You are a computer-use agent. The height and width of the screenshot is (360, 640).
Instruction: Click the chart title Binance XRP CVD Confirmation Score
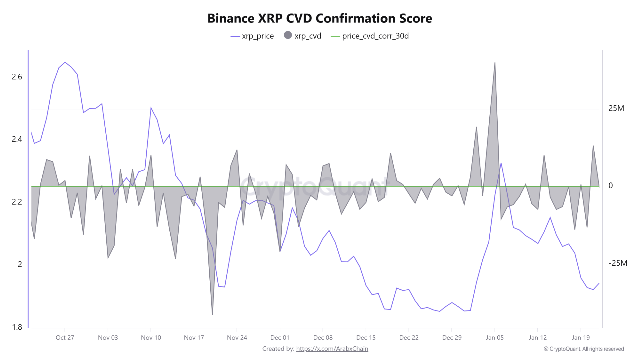[x=320, y=19]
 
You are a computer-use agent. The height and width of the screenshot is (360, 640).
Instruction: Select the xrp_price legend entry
[x=252, y=36]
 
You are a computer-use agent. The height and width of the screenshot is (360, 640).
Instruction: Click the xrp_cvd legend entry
[x=303, y=36]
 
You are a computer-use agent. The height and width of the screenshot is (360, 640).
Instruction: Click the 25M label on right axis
[x=617, y=108]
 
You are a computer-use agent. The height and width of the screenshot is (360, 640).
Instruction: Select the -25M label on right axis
[x=618, y=263]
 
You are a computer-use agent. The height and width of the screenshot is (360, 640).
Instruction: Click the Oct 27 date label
[x=65, y=337]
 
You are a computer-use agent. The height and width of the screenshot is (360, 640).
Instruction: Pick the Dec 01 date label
[x=280, y=337]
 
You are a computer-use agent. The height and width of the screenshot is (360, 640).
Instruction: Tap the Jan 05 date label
[x=495, y=337]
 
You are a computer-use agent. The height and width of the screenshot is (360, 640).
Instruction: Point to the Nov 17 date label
[x=194, y=337]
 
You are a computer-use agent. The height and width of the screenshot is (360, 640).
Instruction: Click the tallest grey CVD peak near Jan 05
[x=495, y=63]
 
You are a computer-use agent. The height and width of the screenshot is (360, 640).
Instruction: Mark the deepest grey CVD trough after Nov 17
[x=213, y=314]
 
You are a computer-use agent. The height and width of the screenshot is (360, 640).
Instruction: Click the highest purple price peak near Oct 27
[x=65, y=62]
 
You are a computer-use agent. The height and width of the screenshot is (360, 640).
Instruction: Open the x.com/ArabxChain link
[x=332, y=349]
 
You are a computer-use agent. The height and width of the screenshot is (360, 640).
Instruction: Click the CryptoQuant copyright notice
[x=583, y=349]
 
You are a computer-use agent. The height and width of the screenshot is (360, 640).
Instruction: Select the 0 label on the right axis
[x=611, y=186]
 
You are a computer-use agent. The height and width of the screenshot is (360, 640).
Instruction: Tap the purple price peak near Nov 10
[x=151, y=107]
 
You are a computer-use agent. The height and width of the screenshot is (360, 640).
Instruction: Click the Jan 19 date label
[x=580, y=337]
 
